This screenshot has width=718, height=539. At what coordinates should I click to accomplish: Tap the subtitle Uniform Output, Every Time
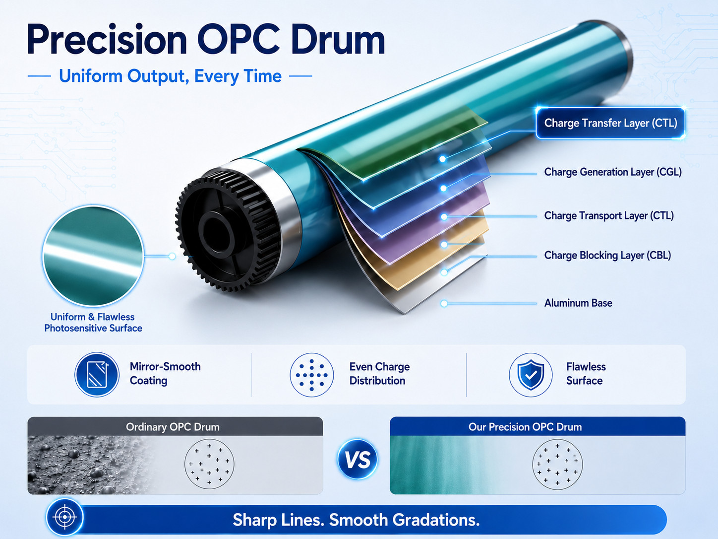point(170,76)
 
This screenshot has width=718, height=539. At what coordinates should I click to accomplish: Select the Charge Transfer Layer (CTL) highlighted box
point(610,123)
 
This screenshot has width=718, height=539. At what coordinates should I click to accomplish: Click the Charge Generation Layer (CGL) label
point(613,172)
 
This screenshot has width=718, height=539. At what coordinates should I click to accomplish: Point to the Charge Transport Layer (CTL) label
point(609,216)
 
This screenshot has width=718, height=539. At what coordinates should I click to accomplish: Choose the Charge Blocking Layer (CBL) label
point(607,255)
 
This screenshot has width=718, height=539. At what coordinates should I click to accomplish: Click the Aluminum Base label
point(578,303)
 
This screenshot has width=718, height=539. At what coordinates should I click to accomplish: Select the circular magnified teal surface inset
point(93,256)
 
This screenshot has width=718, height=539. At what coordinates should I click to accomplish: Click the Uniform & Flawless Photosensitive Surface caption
point(93,322)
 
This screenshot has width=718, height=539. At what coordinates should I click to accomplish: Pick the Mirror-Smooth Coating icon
point(97,374)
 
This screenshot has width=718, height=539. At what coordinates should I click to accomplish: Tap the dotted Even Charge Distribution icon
point(312,375)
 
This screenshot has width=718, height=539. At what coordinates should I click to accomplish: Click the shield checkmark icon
point(531,375)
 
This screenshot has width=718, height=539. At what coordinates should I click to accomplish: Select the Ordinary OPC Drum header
point(173,427)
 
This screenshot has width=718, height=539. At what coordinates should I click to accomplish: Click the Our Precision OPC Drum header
point(525,427)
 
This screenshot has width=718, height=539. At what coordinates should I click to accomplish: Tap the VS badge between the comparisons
point(358,459)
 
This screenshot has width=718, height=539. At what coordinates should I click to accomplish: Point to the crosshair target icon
point(65,517)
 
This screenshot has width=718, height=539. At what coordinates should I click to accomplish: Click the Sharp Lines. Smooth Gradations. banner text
point(356,520)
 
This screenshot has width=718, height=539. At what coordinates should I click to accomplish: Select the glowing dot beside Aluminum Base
point(444,303)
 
